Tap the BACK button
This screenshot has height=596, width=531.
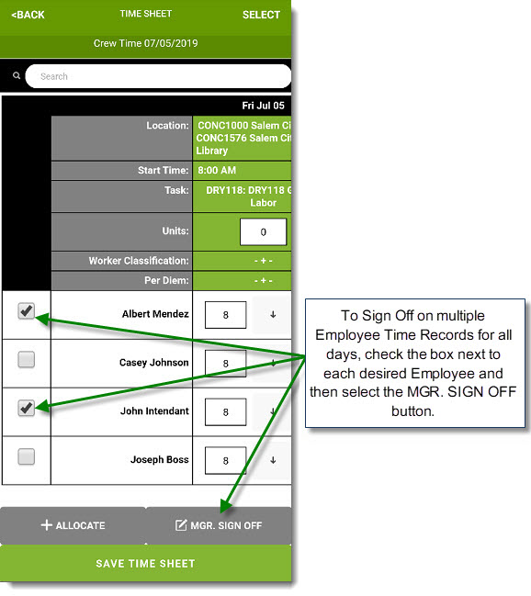coord(28,15)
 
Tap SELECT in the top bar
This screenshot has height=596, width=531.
coord(261,15)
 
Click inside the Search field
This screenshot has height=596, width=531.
coord(158,76)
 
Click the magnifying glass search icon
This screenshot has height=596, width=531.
coord(17,75)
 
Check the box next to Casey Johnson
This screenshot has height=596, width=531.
coord(27,359)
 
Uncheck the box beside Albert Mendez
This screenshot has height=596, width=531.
coord(27,311)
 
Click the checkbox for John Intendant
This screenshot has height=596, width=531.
coord(27,408)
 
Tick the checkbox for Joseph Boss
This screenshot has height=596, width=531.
coord(27,456)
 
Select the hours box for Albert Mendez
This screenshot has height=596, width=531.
coord(226,315)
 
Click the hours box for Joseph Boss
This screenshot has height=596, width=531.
coord(226,461)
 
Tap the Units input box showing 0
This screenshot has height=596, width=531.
coord(264,231)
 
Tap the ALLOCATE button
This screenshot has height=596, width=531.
coord(73,525)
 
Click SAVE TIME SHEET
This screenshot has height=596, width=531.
coord(146,564)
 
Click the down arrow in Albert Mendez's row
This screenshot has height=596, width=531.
coord(273,315)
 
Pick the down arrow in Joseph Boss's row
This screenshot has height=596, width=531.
coord(273,460)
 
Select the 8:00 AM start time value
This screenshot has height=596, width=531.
coord(217,170)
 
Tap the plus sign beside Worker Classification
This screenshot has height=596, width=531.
coord(264,261)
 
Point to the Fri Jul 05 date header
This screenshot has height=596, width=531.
coord(264,106)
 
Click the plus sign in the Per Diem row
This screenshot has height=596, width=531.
coord(264,280)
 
